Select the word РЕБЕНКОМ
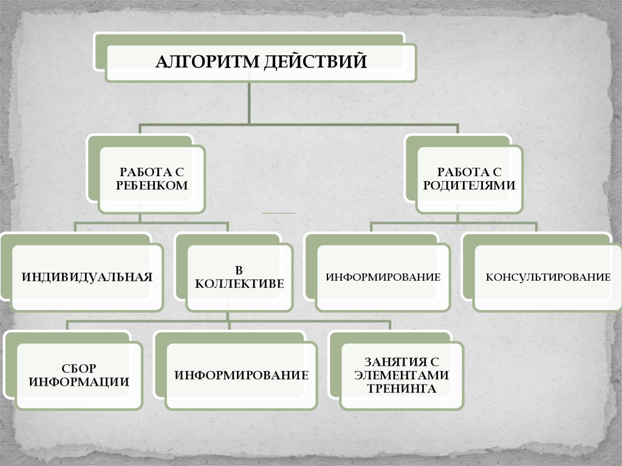point(152,186)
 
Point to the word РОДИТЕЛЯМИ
point(470,186)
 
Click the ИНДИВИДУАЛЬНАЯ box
point(87,278)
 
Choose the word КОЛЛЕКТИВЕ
point(239,283)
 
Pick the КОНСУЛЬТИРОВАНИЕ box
point(548,278)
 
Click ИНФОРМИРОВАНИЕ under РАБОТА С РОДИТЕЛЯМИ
point(383,278)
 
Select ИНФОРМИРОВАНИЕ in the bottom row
point(241,375)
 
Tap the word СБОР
point(79,369)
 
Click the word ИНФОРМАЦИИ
point(79,382)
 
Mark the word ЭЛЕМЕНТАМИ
point(402,375)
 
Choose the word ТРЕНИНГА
point(402,388)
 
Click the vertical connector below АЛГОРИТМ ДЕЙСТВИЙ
point(249,103)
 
